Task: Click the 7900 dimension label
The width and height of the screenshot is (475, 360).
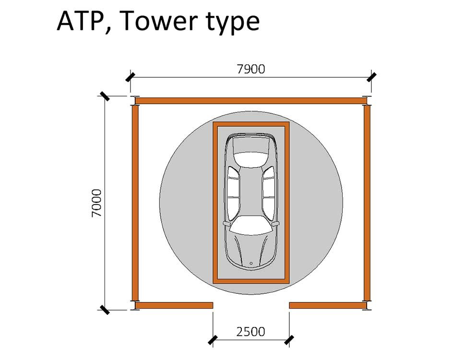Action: click(251, 69)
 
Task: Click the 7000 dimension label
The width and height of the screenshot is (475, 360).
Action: click(96, 203)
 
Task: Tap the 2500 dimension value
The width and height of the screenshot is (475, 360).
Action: click(251, 332)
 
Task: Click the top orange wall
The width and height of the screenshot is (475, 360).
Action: click(250, 101)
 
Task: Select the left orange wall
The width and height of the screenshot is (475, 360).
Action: click(135, 203)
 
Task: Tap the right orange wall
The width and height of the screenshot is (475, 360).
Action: click(367, 203)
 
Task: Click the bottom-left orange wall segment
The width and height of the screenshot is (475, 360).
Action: click(174, 305)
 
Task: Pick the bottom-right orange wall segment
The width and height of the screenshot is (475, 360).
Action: click(328, 305)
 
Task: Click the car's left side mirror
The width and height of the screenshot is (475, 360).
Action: click(226, 224)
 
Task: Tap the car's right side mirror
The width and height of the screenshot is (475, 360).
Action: click(276, 224)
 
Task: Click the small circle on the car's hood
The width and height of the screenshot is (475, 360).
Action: click(251, 264)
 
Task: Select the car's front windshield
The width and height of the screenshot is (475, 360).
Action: click(251, 225)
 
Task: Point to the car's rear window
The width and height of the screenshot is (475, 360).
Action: click(251, 158)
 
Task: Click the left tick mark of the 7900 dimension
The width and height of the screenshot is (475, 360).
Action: click(130, 77)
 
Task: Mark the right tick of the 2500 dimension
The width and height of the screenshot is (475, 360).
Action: click(289, 340)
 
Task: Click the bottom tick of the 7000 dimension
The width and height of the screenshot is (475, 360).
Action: click(105, 310)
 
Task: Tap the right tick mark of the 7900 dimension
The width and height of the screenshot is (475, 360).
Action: click(371, 77)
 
